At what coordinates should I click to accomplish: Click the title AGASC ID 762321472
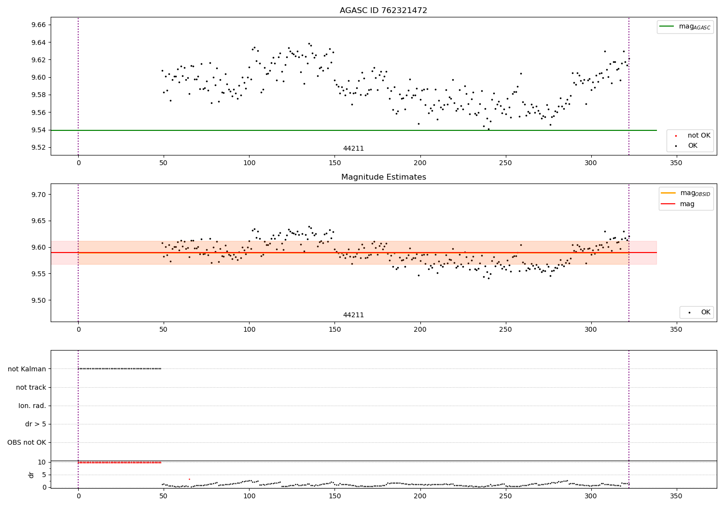383,11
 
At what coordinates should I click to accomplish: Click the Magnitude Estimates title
383,177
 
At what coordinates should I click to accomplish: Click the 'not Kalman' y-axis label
27,369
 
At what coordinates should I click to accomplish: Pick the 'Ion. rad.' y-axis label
32,406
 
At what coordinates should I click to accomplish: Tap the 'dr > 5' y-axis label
36,424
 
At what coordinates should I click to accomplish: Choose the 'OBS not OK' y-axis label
27,443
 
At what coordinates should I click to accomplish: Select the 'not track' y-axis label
31,388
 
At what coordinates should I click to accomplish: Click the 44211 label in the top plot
353,149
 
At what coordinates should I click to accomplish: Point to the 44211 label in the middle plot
353,315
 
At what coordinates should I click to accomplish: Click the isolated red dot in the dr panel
189,479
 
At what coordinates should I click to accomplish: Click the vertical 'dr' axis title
31,475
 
